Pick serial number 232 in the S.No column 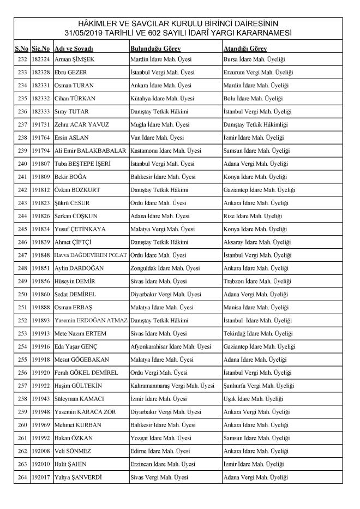point(22,59)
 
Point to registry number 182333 point(41,111)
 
